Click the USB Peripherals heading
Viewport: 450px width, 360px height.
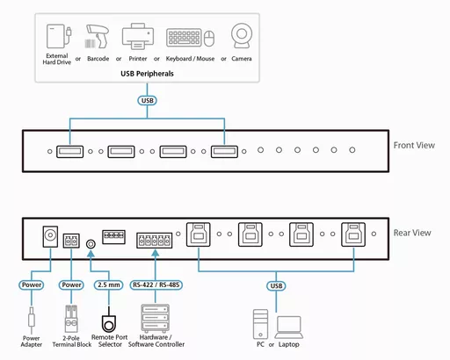pyautogui.click(x=147, y=74)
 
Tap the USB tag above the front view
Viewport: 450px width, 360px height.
pyautogui.click(x=148, y=101)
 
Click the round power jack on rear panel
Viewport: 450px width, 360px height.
pyautogui.click(x=51, y=237)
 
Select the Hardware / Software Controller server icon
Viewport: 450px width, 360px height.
pyautogui.click(x=153, y=316)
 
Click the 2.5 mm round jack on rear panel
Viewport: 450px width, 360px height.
pyautogui.click(x=90, y=245)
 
